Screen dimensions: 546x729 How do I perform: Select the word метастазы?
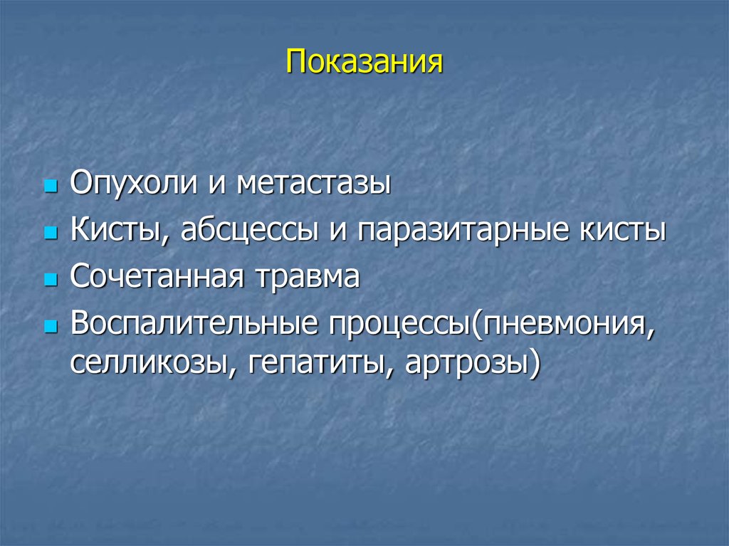click(x=314, y=184)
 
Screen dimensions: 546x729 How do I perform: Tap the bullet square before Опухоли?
click(x=50, y=187)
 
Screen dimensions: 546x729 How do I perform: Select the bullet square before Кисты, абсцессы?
click(x=50, y=233)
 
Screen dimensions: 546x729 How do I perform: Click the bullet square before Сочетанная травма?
click(x=50, y=279)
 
